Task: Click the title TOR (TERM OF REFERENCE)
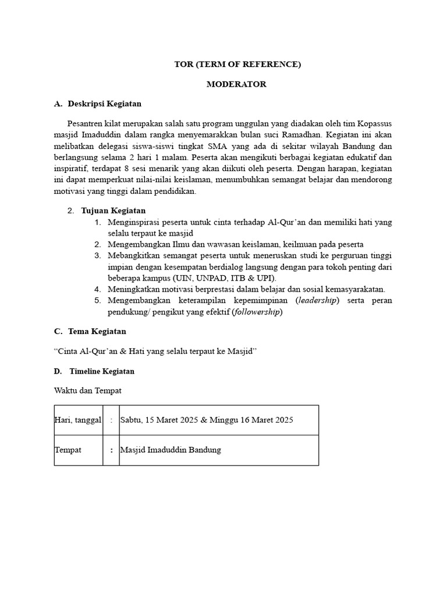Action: pos(237,65)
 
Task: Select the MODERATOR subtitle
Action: pos(237,84)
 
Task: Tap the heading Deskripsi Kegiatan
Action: pos(105,104)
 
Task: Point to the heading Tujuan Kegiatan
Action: pos(113,210)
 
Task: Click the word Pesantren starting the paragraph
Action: pos(86,124)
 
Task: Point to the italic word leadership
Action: pos(318,300)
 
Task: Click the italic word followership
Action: pos(257,312)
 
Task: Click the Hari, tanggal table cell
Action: pos(78,420)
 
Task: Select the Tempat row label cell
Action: pos(78,450)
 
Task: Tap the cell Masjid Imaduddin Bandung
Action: pos(171,450)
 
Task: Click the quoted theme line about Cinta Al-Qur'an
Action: pos(155,351)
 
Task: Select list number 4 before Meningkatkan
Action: pos(98,289)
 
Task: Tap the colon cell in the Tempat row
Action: pos(111,450)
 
